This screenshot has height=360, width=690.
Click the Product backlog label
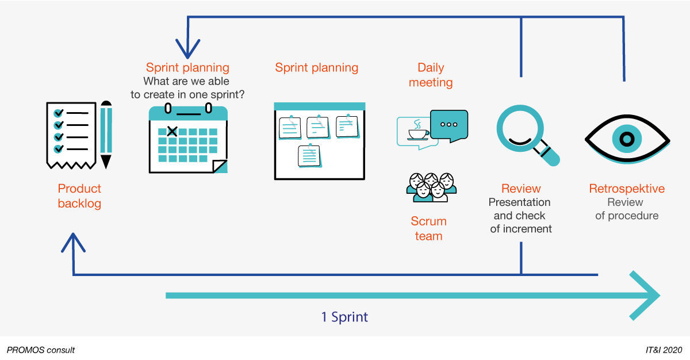pyautogui.click(x=79, y=196)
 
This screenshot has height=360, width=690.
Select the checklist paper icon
pyautogui.click(x=71, y=135)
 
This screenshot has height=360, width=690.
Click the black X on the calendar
pyautogui.click(x=171, y=132)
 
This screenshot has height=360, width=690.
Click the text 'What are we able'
pyautogui.click(x=186, y=81)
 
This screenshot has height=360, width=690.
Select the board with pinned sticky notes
pyautogui.click(x=319, y=141)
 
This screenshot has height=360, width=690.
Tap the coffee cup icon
pyautogui.click(x=418, y=132)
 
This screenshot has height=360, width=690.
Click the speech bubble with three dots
pyautogui.click(x=448, y=125)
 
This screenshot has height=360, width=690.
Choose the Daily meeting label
pyautogui.click(x=431, y=75)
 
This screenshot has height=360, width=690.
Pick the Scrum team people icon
pyautogui.click(x=431, y=187)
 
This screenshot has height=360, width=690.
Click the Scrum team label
pyautogui.click(x=428, y=228)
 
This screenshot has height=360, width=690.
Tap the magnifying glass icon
pyautogui.click(x=526, y=137)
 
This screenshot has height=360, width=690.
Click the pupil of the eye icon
pyautogui.click(x=627, y=139)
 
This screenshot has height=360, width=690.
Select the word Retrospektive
pyautogui.click(x=627, y=189)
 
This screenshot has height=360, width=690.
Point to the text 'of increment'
pyautogui.click(x=521, y=229)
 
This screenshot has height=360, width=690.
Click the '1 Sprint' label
pyautogui.click(x=344, y=317)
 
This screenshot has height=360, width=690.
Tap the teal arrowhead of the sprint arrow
pyautogui.click(x=647, y=296)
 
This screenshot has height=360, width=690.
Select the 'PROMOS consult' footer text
pyautogui.click(x=41, y=350)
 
